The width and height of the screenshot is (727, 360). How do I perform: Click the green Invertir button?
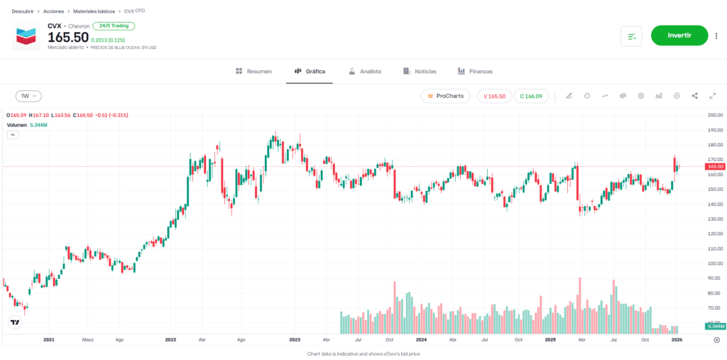tap(679, 36)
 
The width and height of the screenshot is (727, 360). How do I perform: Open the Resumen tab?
tap(253, 72)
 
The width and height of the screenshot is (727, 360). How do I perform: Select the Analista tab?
tap(365, 72)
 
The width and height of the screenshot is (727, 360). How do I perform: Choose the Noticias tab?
tap(420, 72)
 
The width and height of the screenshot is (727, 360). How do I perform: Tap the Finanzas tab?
tap(475, 72)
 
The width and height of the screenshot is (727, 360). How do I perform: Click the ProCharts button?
tap(445, 96)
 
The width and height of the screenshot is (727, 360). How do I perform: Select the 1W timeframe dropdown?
tap(28, 96)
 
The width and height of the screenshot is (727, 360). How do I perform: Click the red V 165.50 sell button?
tap(494, 96)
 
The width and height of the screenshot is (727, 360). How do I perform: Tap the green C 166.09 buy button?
tap(531, 96)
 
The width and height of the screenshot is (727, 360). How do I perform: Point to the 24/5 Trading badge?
tap(114, 26)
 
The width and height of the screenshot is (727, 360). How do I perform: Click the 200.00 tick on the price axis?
tap(714, 115)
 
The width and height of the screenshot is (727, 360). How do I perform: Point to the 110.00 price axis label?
tap(714, 249)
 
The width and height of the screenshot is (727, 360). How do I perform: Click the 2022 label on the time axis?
tap(170, 340)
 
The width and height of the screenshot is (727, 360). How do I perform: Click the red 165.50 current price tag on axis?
tap(715, 166)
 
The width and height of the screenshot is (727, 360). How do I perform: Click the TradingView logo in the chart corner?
tap(14, 322)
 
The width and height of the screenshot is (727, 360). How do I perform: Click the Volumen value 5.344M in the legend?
tap(38, 125)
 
